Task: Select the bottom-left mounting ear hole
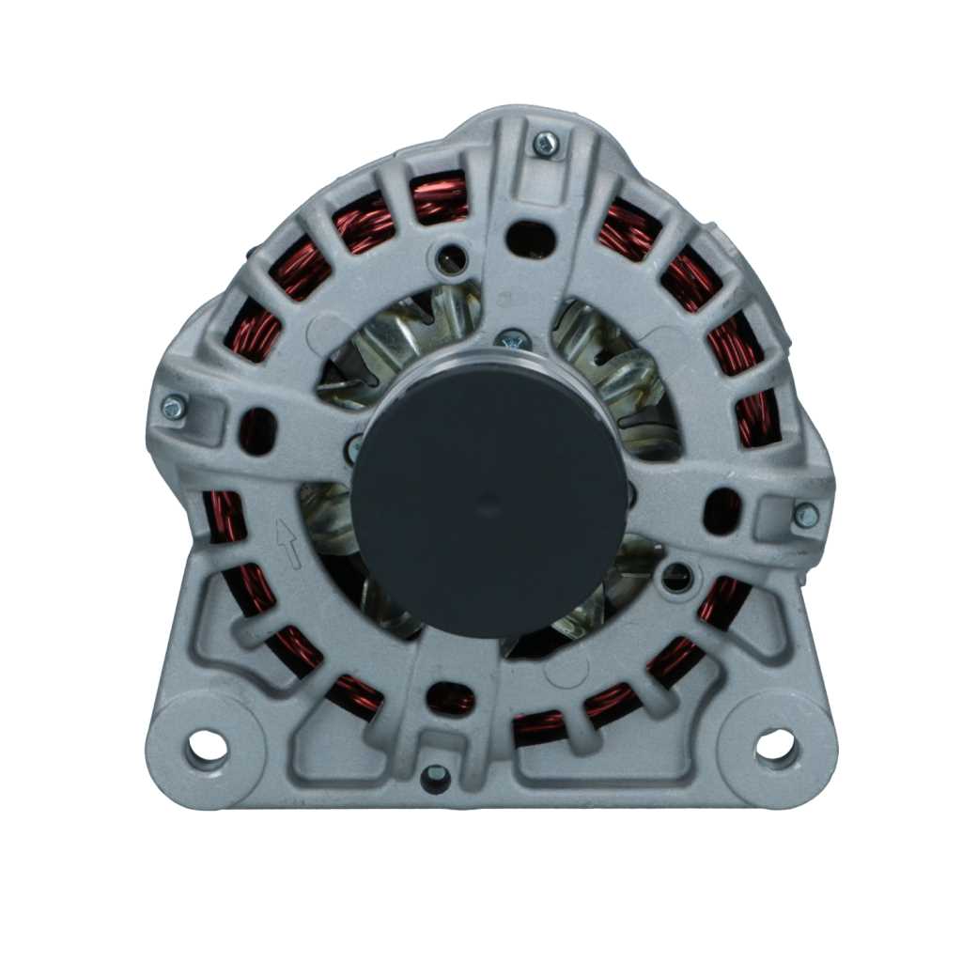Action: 207,748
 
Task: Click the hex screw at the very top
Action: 545,144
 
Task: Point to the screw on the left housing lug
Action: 174,407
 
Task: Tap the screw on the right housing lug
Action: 805,515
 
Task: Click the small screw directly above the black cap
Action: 513,340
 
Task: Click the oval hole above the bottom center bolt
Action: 449,697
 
